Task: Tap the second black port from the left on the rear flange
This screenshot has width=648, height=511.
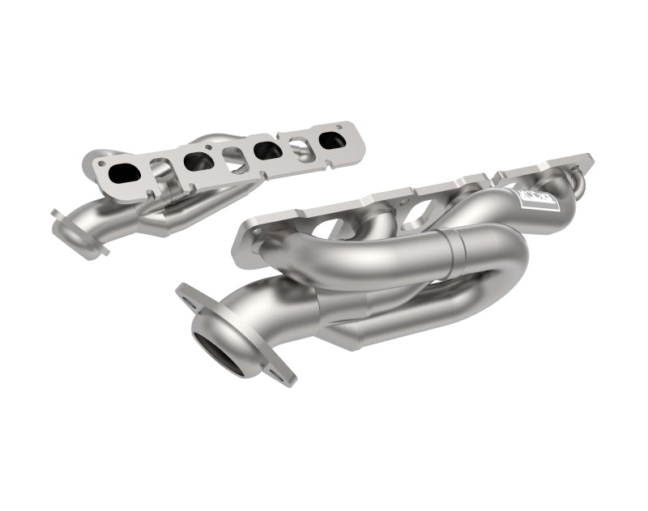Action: pyautogui.click(x=198, y=161)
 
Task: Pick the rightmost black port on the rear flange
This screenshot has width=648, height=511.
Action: pyautogui.click(x=332, y=138)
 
